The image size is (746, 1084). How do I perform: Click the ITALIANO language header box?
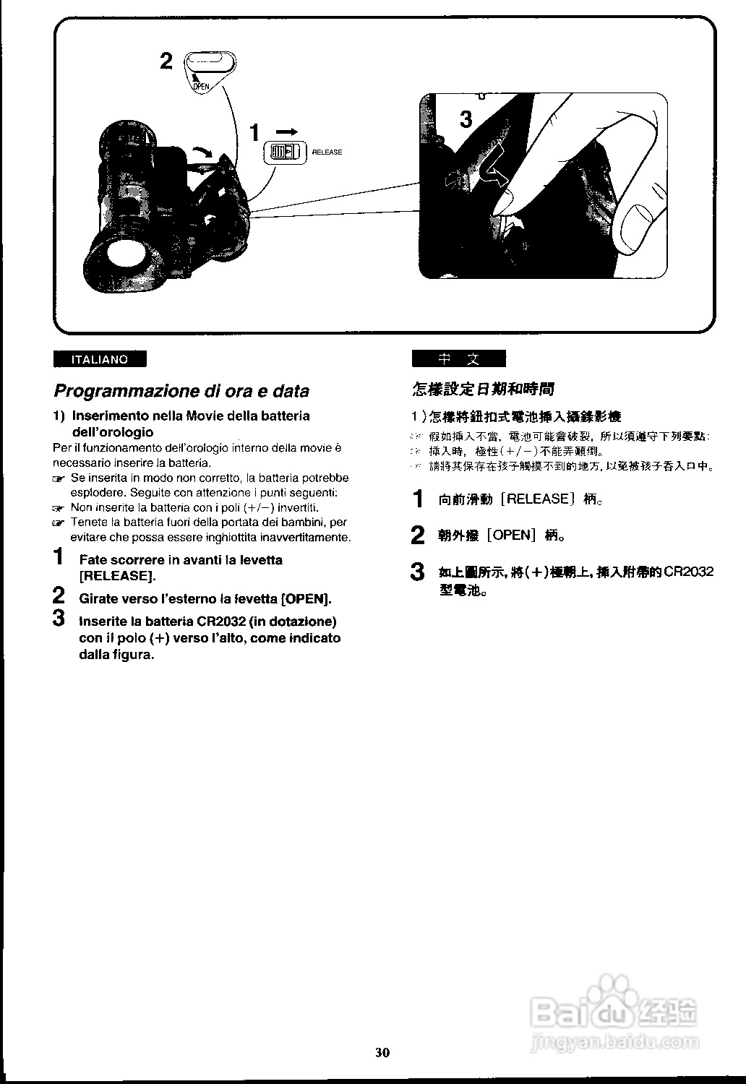99,359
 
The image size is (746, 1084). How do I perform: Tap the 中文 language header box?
458,359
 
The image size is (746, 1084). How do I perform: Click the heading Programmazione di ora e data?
181,391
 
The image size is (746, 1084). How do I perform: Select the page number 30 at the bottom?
382,1051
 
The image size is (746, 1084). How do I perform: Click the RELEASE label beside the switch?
327,152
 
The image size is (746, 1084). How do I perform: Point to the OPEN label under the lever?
201,86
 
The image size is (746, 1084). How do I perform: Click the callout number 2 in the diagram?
166,61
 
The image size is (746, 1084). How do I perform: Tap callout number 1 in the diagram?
254,133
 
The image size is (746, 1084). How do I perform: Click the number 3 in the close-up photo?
466,119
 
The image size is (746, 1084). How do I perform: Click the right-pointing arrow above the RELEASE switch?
286,131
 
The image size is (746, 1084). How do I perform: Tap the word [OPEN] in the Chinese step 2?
512,535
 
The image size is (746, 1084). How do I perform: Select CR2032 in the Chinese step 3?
689,572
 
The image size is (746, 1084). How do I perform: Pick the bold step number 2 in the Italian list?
60,597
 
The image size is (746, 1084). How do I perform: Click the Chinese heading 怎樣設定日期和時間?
483,390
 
